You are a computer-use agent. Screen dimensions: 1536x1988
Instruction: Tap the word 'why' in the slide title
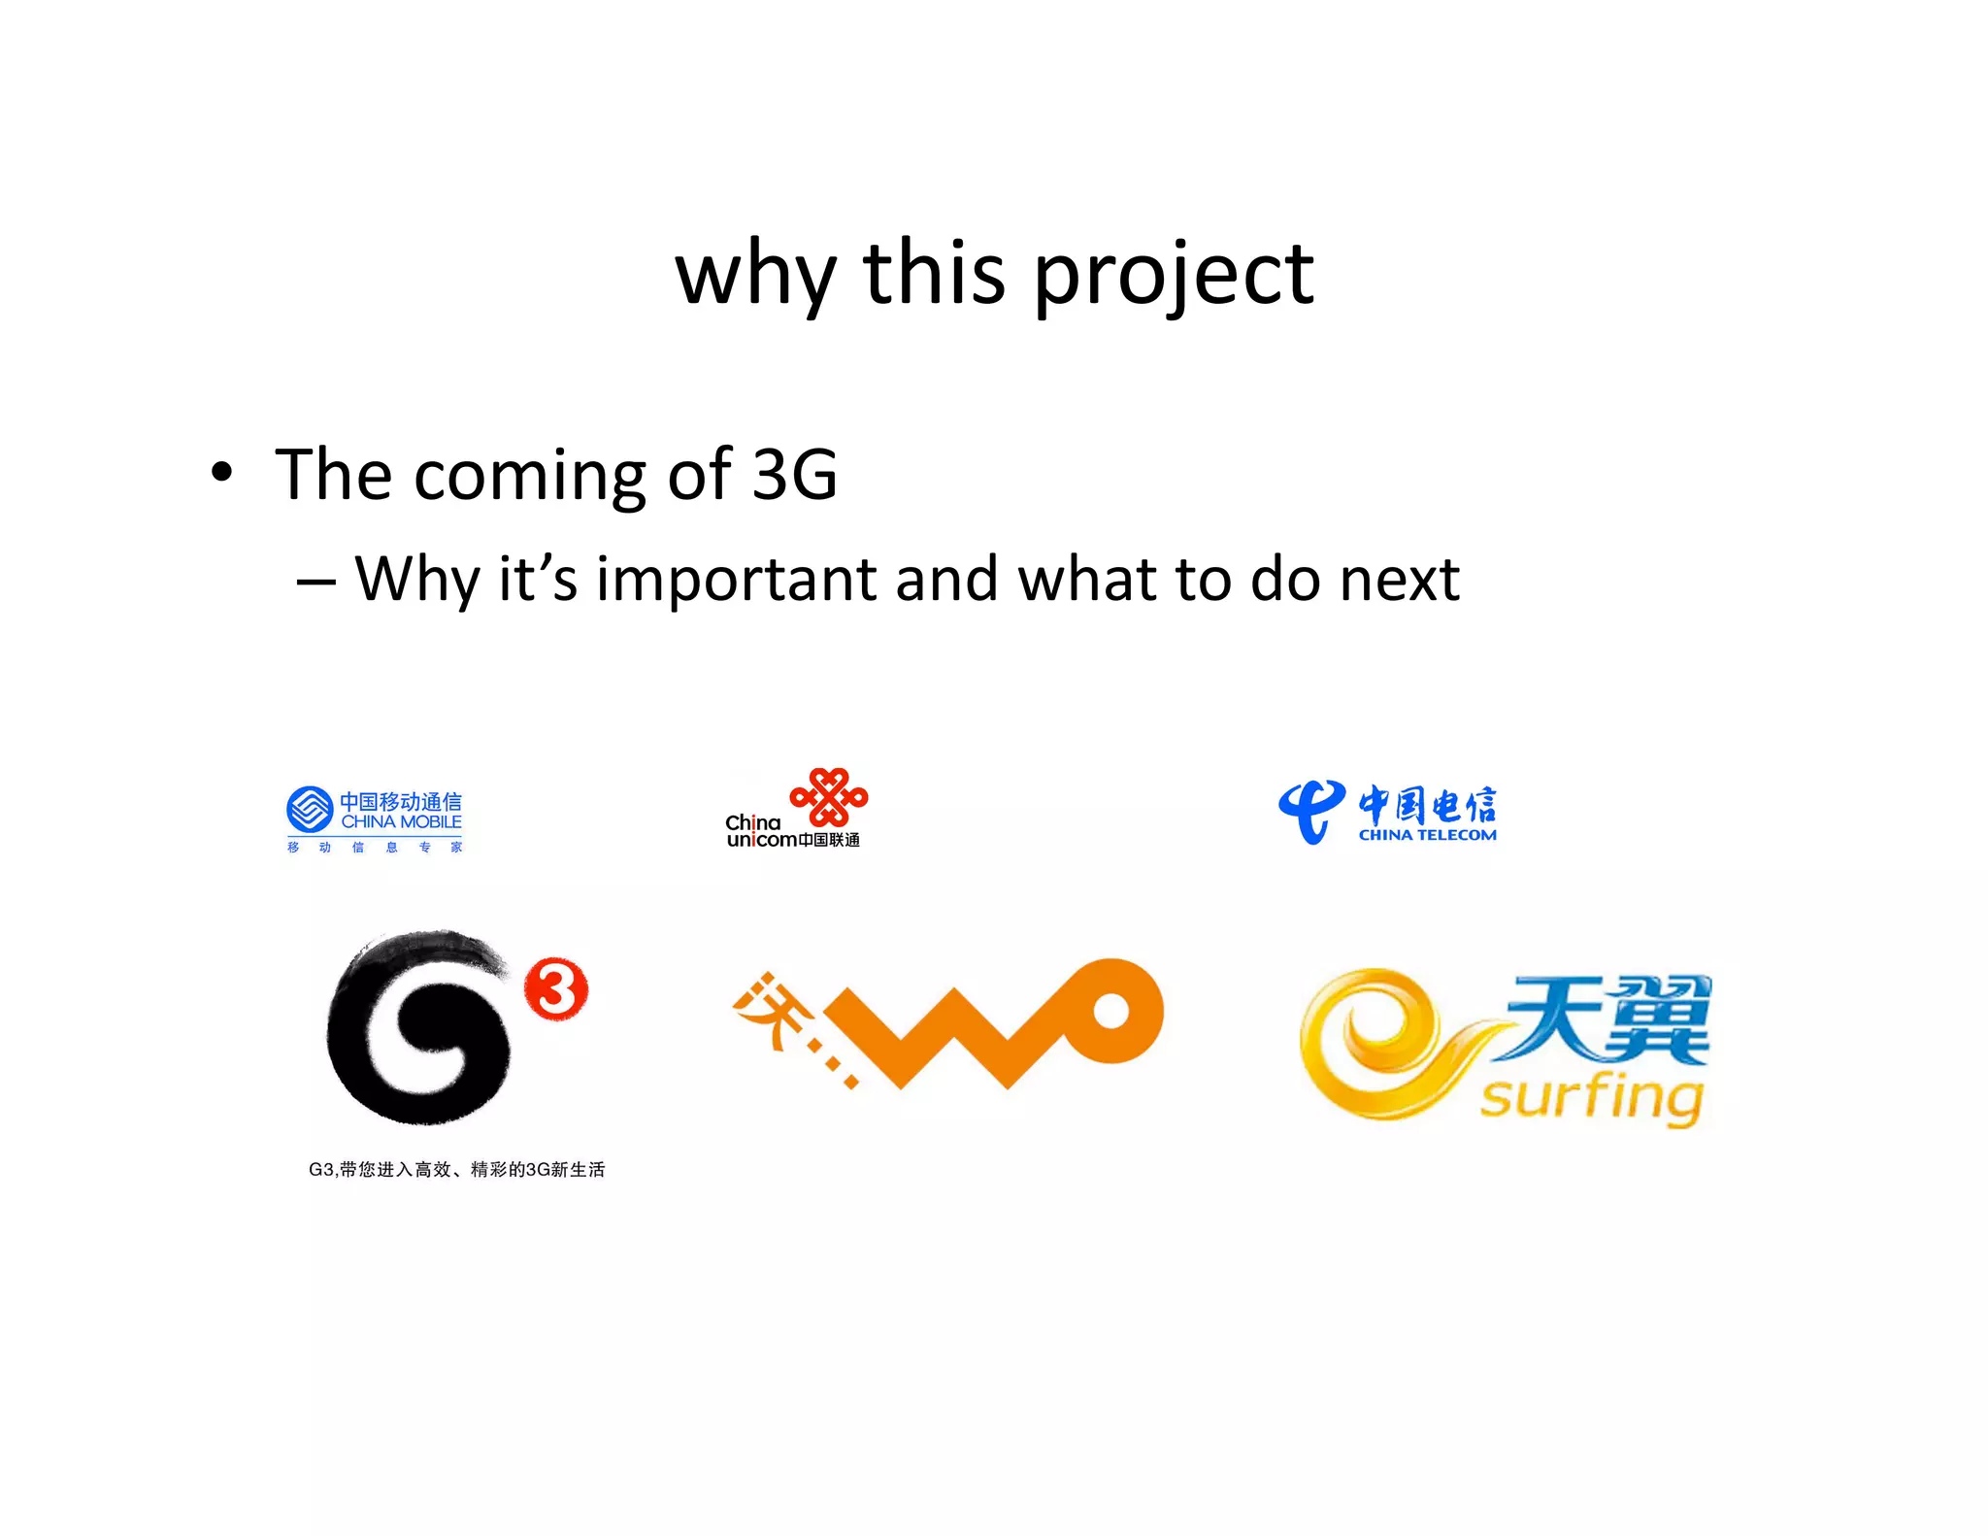point(755,277)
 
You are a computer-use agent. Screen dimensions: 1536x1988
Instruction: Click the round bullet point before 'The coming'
point(222,473)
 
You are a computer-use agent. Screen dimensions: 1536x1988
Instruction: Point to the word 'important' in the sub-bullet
point(735,579)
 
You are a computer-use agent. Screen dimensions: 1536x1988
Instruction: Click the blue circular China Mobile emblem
point(310,810)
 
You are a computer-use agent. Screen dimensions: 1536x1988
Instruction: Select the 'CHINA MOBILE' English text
point(401,822)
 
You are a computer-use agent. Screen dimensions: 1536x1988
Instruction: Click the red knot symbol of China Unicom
point(829,797)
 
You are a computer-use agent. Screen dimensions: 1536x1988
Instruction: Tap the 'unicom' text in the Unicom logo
point(761,840)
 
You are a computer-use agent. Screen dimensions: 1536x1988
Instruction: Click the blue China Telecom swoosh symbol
point(1310,811)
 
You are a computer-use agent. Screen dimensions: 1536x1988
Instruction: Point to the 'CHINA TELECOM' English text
point(1427,835)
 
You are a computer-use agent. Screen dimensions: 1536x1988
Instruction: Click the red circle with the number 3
point(556,989)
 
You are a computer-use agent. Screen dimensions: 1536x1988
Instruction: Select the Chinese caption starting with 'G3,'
point(456,1170)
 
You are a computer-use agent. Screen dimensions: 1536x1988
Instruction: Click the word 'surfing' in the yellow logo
point(1592,1097)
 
